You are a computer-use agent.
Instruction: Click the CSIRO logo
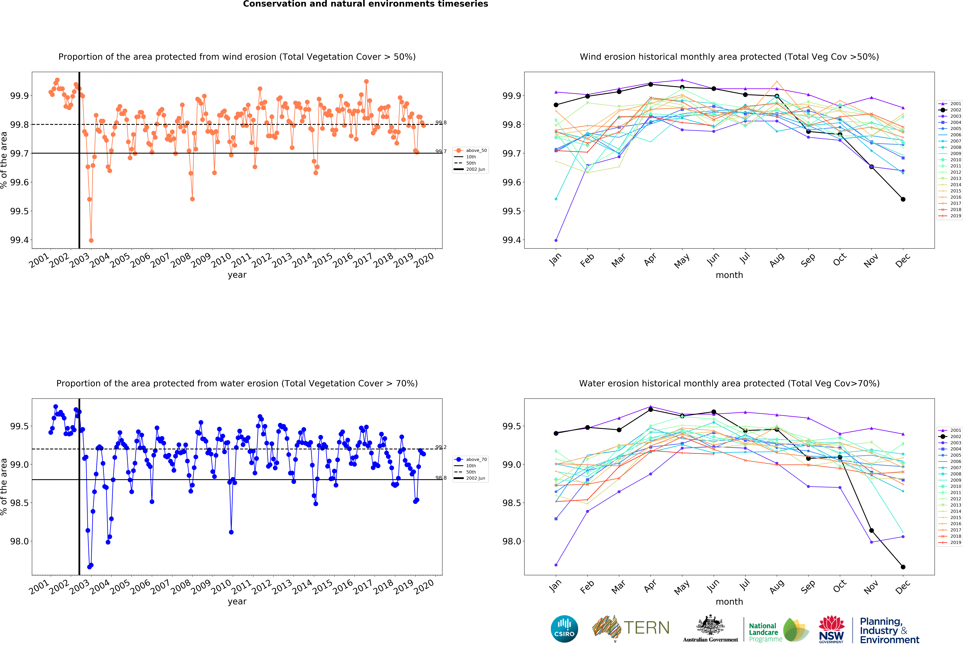pyautogui.click(x=564, y=629)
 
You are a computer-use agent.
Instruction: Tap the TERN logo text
pyautogui.click(x=646, y=628)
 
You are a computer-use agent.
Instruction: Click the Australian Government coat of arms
pyautogui.click(x=710, y=625)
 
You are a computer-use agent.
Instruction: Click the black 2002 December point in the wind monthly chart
pyautogui.click(x=903, y=199)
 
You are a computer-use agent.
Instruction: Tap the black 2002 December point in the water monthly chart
pyautogui.click(x=903, y=567)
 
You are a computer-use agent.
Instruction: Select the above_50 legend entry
pyautogui.click(x=471, y=150)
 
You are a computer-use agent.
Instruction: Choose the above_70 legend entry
pyautogui.click(x=471, y=459)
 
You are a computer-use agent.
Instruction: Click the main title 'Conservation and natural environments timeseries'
pyautogui.click(x=365, y=4)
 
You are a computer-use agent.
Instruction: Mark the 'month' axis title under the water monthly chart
pyautogui.click(x=729, y=601)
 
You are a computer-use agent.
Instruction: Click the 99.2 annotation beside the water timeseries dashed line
pyautogui.click(x=441, y=447)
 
